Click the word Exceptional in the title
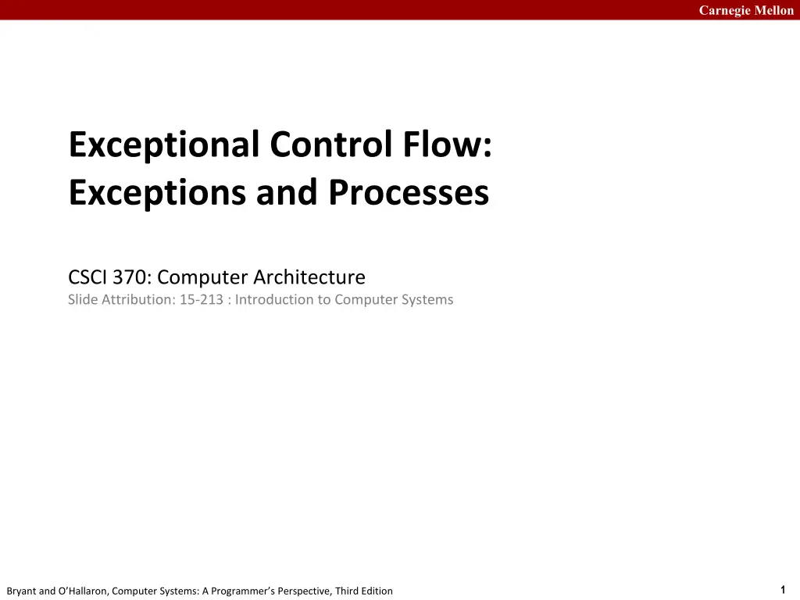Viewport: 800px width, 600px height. tap(164, 145)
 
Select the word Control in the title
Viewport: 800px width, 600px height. tap(331, 145)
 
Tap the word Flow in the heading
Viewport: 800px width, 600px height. tap(443, 145)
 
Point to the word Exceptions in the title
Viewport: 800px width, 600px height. tap(157, 194)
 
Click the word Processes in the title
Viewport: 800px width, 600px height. tap(409, 193)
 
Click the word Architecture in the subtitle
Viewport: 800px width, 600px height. tap(309, 277)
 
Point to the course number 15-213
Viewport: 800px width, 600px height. tap(202, 299)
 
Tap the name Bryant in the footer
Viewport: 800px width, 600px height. tap(21, 591)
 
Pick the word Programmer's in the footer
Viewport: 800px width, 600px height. tap(243, 591)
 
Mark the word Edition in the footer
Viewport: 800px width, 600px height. tap(377, 591)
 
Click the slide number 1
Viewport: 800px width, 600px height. tap(783, 590)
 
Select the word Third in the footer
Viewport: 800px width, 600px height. tap(346, 591)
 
